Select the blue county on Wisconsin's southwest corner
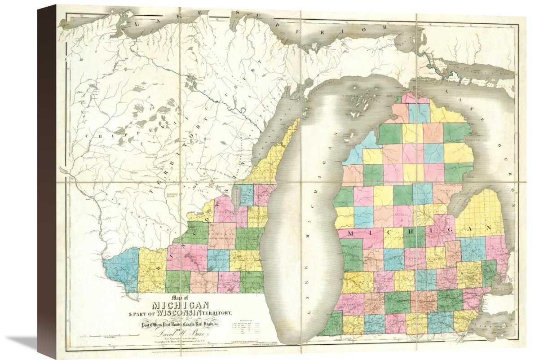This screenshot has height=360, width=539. pyautogui.click(x=122, y=269)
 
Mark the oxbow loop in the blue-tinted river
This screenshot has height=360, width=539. pyautogui.click(x=243, y=110)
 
